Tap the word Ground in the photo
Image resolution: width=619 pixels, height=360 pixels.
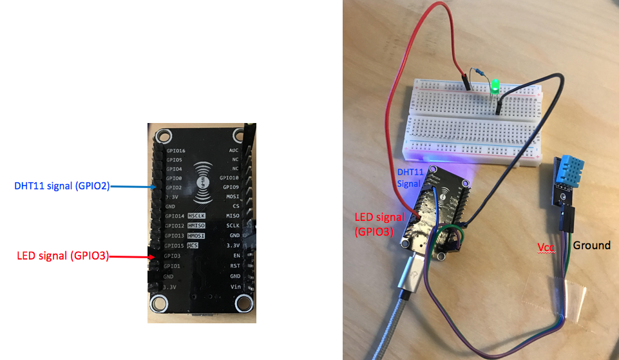(591, 245)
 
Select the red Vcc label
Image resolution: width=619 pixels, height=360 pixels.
(547, 247)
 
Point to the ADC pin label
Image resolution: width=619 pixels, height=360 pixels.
(233, 150)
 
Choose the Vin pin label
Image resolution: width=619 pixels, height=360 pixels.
(235, 287)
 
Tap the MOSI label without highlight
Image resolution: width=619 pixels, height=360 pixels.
(233, 196)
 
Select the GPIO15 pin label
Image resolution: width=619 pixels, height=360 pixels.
(175, 246)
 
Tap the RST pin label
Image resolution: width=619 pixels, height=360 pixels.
(235, 265)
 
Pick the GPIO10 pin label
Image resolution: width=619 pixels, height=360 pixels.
(229, 178)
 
